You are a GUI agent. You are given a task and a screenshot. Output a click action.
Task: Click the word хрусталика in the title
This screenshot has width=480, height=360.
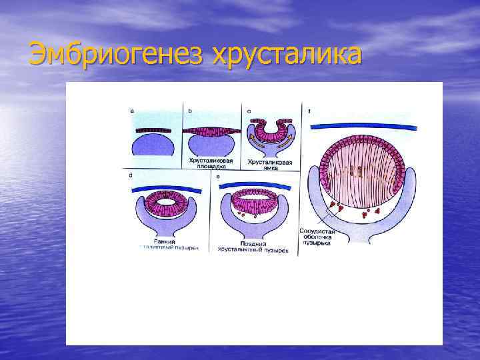287,54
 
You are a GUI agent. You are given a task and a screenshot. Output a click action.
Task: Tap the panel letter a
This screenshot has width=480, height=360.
132,111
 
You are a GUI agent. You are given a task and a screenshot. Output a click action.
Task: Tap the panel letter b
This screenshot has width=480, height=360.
190,111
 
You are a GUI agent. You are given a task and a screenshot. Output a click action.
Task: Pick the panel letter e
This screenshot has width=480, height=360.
217,175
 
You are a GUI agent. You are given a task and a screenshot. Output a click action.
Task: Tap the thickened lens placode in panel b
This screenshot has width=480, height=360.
213,129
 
